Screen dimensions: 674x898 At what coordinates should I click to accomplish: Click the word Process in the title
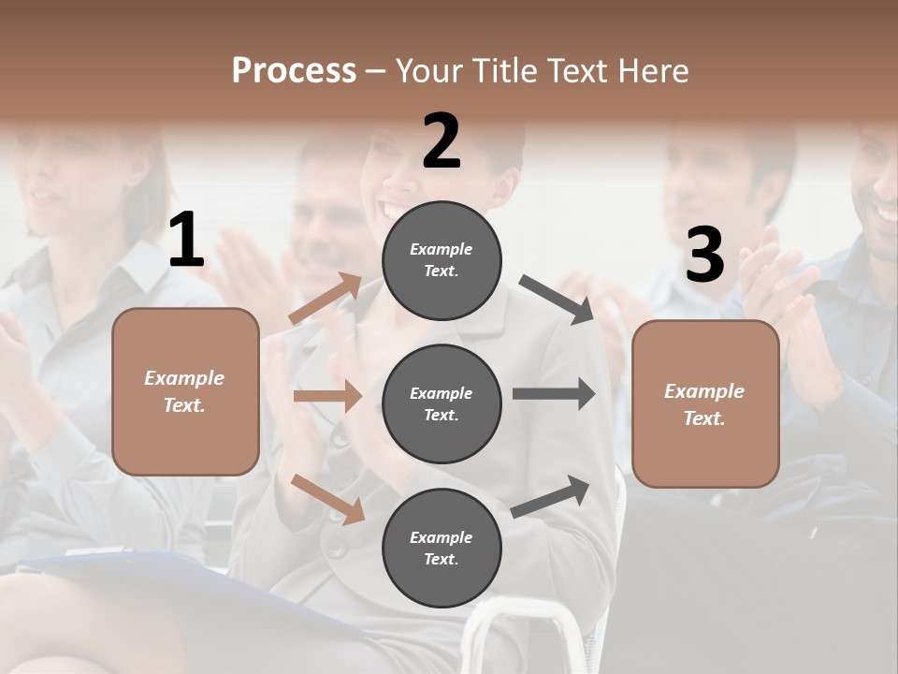pos(294,70)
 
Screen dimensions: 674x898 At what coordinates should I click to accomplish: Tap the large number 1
pos(186,242)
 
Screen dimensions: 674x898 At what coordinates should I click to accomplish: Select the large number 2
pos(442,141)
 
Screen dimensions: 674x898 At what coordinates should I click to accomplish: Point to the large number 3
pos(704,256)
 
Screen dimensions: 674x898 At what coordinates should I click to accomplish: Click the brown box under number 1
pos(185,391)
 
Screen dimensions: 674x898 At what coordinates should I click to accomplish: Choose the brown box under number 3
pos(705,403)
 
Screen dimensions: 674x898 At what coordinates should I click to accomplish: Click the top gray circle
pos(442,259)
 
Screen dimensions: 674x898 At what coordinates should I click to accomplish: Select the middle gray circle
pos(442,403)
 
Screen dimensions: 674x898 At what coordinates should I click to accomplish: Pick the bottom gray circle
pos(442,548)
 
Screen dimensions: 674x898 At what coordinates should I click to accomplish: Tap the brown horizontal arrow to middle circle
pos(327,396)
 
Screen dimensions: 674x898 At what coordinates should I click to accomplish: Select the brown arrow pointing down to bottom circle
pos(327,498)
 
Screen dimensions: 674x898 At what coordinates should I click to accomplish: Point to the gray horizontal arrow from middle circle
pos(554,394)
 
